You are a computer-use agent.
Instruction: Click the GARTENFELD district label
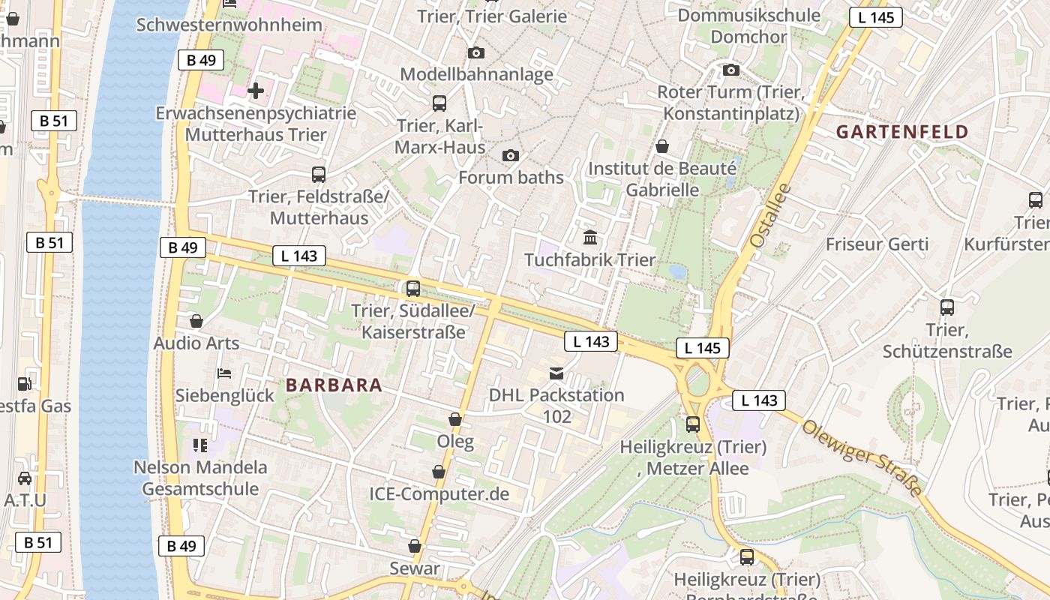click(x=902, y=132)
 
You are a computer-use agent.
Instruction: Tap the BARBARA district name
click(x=334, y=385)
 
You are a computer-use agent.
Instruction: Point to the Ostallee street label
click(x=770, y=216)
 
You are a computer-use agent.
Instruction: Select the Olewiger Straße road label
click(x=862, y=457)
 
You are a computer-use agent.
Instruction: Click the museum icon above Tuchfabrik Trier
click(x=590, y=238)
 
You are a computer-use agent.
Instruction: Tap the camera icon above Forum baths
click(x=511, y=155)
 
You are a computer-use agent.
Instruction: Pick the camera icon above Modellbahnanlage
click(x=476, y=52)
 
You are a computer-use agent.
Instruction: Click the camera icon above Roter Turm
click(x=731, y=70)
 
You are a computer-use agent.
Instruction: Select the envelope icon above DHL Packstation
click(x=556, y=373)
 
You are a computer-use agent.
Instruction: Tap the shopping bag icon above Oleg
click(x=455, y=419)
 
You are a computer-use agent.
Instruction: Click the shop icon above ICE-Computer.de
click(x=439, y=472)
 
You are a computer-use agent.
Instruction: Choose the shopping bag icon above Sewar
click(x=415, y=546)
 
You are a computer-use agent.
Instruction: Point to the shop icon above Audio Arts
click(x=196, y=321)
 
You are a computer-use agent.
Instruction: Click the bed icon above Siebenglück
click(x=224, y=373)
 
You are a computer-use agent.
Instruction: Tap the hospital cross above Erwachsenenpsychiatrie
click(x=256, y=91)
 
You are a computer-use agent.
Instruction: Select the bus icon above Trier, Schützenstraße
click(x=947, y=307)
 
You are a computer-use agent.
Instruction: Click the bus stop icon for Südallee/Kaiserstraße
click(x=413, y=288)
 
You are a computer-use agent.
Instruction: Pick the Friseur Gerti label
click(x=877, y=244)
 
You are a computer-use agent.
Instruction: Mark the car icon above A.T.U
click(x=25, y=478)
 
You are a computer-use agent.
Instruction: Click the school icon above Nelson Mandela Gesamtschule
click(x=199, y=445)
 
